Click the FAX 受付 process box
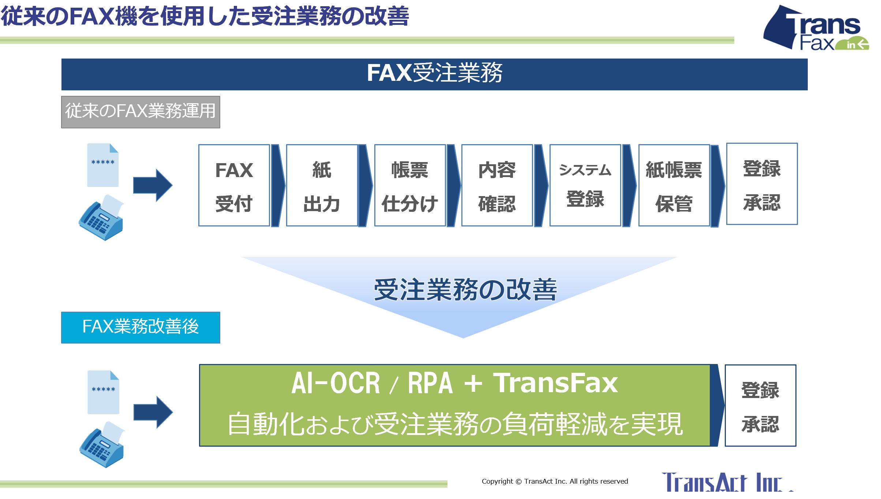234,185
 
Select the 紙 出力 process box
322,185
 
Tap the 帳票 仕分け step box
410,185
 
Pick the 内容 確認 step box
497,185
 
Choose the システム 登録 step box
585,185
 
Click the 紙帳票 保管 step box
674,185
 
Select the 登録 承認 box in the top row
762,184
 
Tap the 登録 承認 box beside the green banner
760,405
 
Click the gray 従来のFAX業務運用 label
140,112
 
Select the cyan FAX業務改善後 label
140,327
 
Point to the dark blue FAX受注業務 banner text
435,73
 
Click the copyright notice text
555,481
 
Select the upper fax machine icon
102,218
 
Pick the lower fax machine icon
102,444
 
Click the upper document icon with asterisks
103,165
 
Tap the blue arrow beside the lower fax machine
153,412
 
